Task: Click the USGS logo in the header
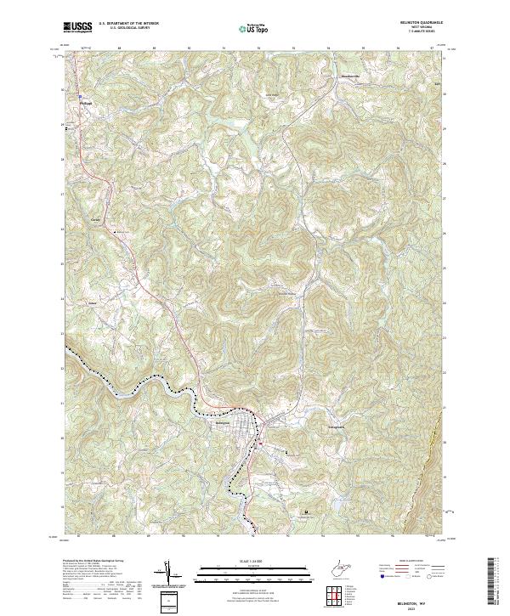click(x=78, y=27)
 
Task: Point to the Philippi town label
click(x=84, y=103)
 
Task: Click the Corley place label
click(x=95, y=221)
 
